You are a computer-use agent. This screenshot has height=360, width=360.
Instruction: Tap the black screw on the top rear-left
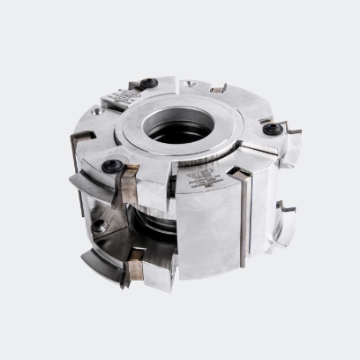(148, 84)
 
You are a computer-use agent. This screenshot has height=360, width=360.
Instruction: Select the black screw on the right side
(275, 129)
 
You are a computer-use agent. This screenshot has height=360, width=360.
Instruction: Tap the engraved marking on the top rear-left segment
(116, 94)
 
